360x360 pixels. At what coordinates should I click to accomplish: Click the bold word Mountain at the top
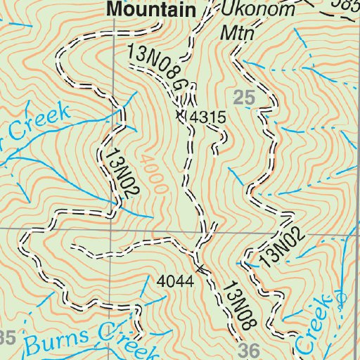(x=150, y=9)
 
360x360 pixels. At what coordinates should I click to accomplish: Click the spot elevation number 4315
(x=209, y=117)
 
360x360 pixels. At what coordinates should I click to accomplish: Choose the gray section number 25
(x=243, y=100)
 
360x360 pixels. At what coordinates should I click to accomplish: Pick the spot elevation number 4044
(x=175, y=282)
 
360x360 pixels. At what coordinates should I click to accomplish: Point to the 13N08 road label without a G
(x=236, y=304)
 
